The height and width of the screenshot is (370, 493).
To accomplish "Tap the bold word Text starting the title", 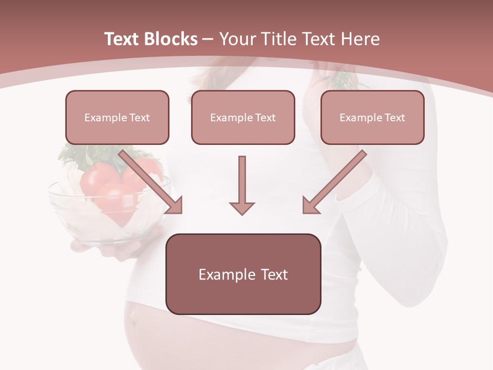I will tap(124, 39).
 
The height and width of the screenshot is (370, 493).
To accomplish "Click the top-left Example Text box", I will tap(117, 117).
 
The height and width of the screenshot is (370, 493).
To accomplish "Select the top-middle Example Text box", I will tap(243, 117).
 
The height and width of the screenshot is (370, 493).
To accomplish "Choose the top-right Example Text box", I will tap(372, 117).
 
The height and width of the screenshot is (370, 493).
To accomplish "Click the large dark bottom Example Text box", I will tap(243, 274).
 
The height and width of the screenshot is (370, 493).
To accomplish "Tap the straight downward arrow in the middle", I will tap(242, 185).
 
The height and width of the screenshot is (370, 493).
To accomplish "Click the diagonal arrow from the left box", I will tap(151, 182).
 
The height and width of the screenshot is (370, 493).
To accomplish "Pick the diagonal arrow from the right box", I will tap(334, 182).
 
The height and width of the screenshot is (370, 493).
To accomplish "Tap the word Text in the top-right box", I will tap(394, 118).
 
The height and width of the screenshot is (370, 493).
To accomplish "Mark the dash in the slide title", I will tap(208, 39).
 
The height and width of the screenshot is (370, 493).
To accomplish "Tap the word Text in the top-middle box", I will tap(265, 118).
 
